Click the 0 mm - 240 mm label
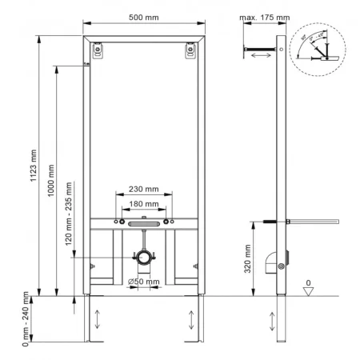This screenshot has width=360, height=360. [26, 318]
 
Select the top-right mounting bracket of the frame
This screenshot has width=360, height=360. [191, 50]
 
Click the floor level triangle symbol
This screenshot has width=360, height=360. [309, 290]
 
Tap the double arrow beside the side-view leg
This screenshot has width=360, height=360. [266, 318]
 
